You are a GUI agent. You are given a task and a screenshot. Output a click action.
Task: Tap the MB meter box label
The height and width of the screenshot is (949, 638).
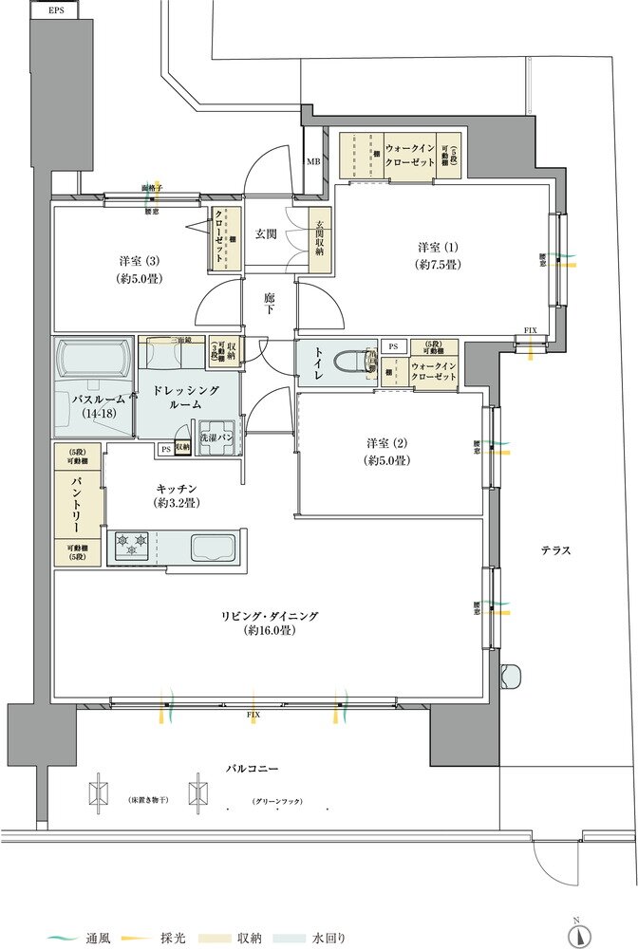(x=313, y=161)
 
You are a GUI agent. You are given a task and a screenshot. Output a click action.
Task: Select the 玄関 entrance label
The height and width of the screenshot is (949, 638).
(x=266, y=234)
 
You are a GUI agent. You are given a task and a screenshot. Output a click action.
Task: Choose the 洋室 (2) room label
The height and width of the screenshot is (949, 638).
(x=388, y=451)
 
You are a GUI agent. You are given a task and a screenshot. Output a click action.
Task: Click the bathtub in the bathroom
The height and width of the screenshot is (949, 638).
(x=94, y=361)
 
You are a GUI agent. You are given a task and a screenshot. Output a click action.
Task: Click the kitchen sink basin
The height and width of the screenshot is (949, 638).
(x=215, y=548)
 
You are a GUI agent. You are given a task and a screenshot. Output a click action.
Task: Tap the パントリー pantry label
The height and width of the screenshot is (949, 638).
(x=72, y=506)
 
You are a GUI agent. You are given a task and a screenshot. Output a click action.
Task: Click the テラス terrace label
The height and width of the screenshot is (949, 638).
(x=555, y=550)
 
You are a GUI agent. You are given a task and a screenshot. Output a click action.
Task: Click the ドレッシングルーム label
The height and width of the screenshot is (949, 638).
(x=187, y=398)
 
